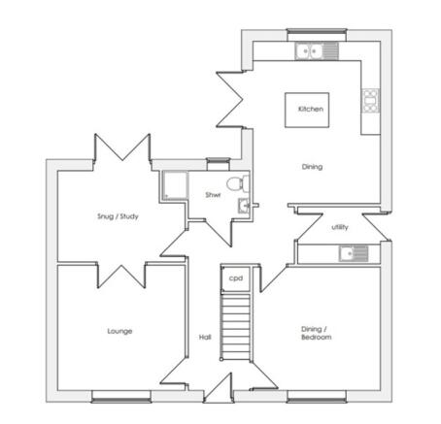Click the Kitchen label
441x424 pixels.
point(311,109)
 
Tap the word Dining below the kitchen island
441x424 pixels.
point(312,167)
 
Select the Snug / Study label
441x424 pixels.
point(118,216)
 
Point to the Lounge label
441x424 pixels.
point(119,331)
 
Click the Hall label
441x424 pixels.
point(205,338)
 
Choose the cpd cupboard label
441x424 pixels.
point(236,278)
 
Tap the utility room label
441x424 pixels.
point(340,227)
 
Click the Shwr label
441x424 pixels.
point(213,195)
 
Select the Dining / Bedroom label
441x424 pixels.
point(317,333)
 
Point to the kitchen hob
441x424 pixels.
point(370,101)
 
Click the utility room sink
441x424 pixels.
point(354,253)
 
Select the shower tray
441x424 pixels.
point(175,185)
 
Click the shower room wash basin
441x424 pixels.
point(244,206)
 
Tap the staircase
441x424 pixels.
point(235,327)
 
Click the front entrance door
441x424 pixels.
point(219,388)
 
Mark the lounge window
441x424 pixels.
point(121,397)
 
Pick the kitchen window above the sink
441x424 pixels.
point(317,35)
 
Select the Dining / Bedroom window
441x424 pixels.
point(317,397)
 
